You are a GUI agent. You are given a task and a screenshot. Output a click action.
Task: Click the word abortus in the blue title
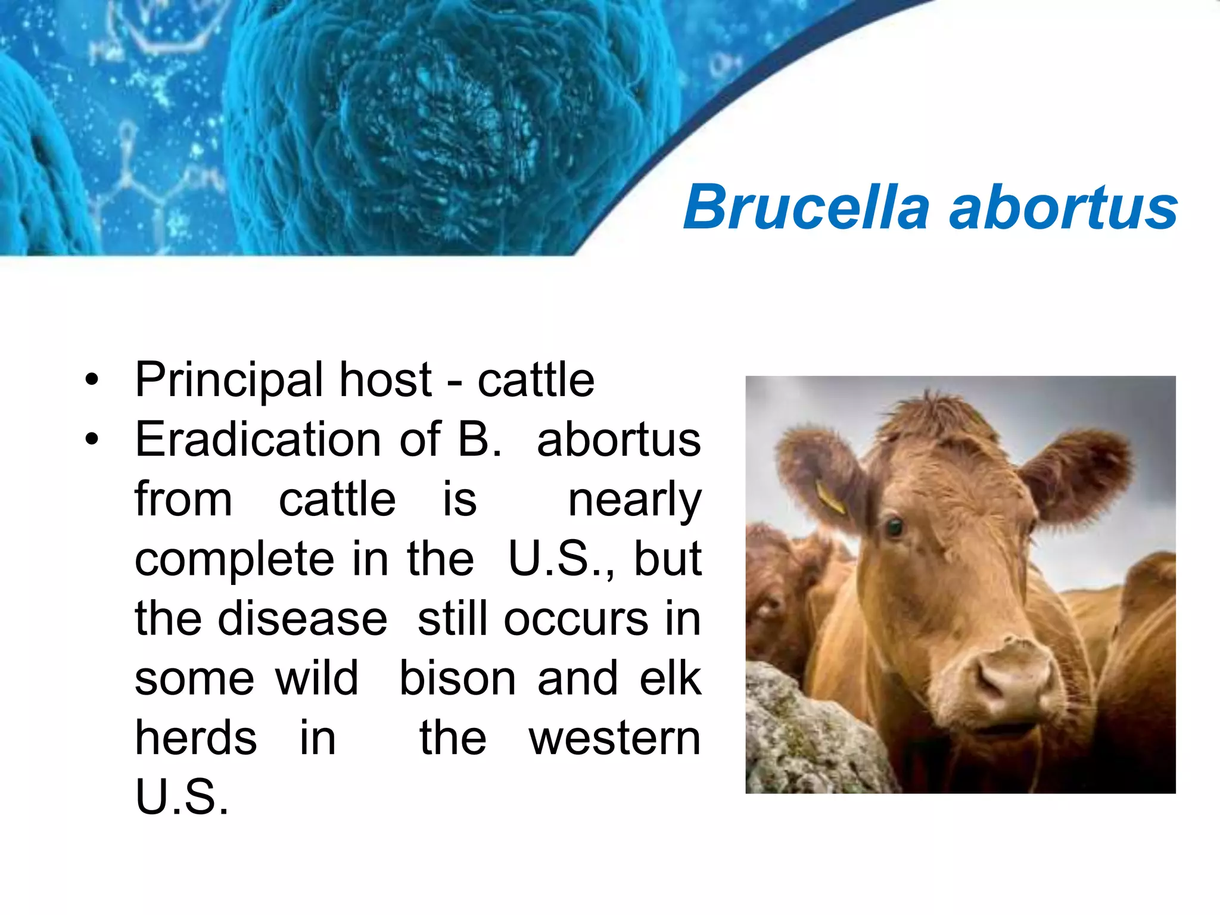click(1063, 207)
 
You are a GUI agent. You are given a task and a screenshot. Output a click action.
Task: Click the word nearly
click(634, 500)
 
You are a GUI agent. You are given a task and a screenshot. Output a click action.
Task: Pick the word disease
click(303, 619)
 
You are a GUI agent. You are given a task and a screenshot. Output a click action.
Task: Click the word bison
click(457, 679)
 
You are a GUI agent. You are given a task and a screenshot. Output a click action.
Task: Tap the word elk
click(670, 679)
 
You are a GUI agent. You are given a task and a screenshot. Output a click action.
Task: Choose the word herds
click(196, 739)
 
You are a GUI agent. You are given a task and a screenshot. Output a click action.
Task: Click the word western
click(614, 739)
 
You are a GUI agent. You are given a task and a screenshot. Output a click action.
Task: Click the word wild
click(316, 679)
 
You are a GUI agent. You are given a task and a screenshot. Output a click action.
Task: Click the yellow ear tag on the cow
click(830, 497)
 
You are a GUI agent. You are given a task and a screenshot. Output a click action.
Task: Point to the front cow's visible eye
click(894, 527)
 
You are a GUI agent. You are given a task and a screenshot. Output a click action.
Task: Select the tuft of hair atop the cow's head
click(932, 411)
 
